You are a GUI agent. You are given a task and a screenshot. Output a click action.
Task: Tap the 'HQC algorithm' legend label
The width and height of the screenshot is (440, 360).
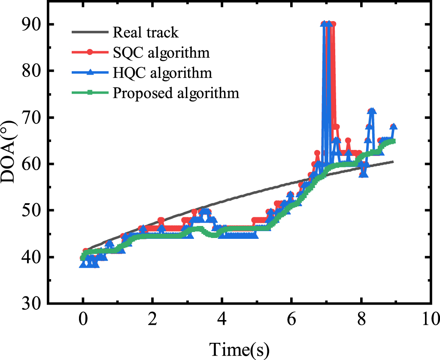162,73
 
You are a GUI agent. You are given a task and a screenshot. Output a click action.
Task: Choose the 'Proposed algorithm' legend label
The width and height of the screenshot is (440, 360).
176,93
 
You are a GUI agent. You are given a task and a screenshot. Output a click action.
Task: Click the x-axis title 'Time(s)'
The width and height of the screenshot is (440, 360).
240,348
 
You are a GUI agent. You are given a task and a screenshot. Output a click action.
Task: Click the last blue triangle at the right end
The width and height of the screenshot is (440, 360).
393,126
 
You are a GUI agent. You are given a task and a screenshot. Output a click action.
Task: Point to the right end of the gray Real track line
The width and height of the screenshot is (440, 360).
393,162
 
